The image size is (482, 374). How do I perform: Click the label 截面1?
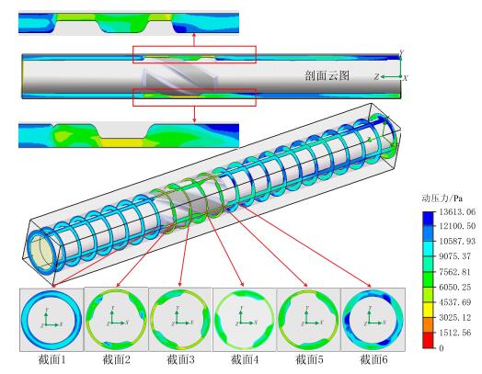(x=52, y=359)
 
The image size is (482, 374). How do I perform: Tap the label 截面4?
(x=245, y=359)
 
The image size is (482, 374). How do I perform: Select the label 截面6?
(x=373, y=359)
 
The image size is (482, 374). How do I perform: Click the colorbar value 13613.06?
(x=457, y=211)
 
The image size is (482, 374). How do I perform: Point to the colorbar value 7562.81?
(x=454, y=272)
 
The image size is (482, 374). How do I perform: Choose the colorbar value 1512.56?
(x=454, y=333)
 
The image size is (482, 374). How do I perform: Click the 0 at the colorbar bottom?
(x=442, y=347)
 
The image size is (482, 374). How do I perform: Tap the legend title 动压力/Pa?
(x=442, y=198)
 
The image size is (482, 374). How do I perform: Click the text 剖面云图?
(x=327, y=75)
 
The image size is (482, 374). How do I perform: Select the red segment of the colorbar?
(x=429, y=340)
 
